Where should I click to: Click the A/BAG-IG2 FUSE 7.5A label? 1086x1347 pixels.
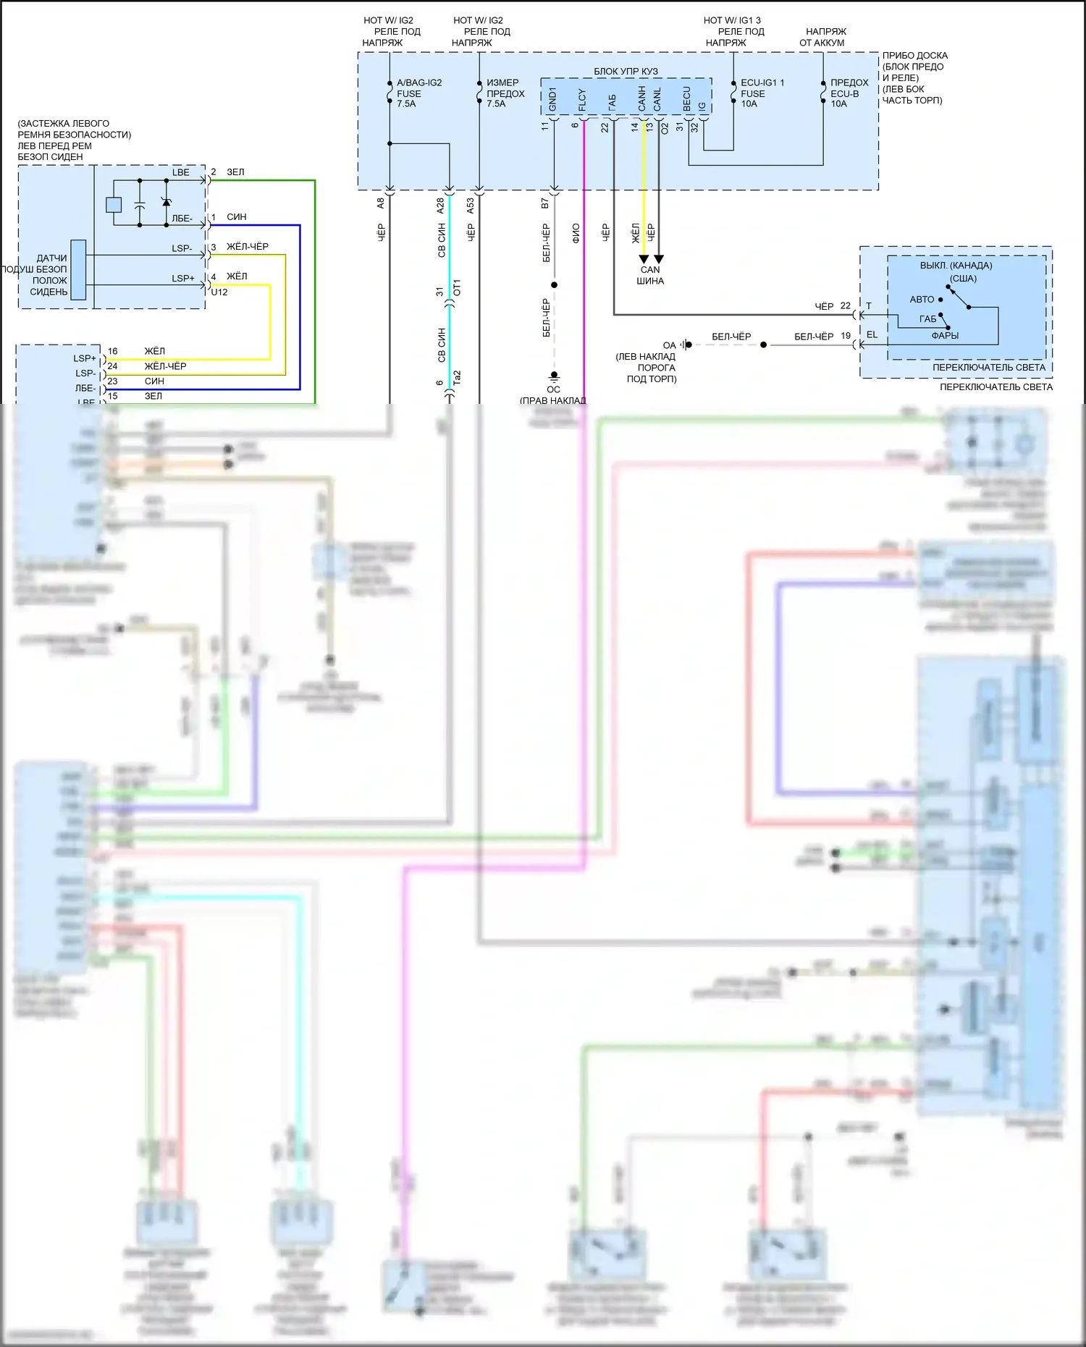pyautogui.click(x=418, y=93)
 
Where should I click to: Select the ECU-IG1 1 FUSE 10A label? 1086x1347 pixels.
pyautogui.click(x=762, y=93)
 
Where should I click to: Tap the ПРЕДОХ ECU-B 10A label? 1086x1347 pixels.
pyautogui.click(x=849, y=93)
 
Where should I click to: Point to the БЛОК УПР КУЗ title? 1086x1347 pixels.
pyautogui.click(x=626, y=71)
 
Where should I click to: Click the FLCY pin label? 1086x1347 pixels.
pyautogui.click(x=582, y=100)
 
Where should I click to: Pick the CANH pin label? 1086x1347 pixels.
pyautogui.click(x=642, y=99)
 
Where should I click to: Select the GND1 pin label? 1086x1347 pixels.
pyautogui.click(x=552, y=100)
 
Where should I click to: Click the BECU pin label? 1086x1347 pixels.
pyautogui.click(x=687, y=99)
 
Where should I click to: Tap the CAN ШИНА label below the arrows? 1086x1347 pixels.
pyautogui.click(x=650, y=275)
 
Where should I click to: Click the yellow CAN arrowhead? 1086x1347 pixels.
pyautogui.click(x=644, y=259)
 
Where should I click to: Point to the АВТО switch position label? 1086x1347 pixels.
pyautogui.click(x=922, y=299)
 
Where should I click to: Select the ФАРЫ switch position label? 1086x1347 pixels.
pyautogui.click(x=945, y=335)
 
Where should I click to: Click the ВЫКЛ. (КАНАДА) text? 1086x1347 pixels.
pyautogui.click(x=956, y=266)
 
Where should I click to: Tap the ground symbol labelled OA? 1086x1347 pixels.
pyautogui.click(x=686, y=345)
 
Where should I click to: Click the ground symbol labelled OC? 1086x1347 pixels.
pyautogui.click(x=554, y=377)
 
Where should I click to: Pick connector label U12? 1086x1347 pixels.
pyautogui.click(x=219, y=292)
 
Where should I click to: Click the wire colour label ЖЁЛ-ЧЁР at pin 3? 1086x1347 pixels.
pyautogui.click(x=248, y=247)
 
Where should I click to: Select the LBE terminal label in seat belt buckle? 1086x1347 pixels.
pyautogui.click(x=181, y=172)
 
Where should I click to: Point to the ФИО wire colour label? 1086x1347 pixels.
pyautogui.click(x=576, y=233)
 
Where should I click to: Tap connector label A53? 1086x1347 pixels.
pyautogui.click(x=471, y=206)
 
